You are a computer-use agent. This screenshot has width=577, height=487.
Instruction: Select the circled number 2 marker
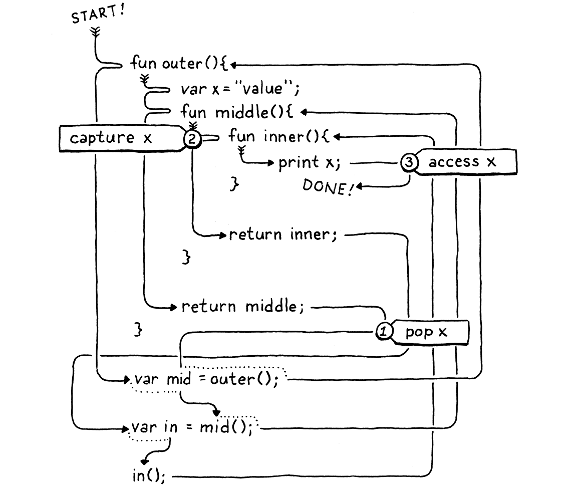pos(191,139)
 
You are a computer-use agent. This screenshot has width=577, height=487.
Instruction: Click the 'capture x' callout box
pos(118,138)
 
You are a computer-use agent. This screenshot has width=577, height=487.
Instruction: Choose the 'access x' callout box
pos(460,162)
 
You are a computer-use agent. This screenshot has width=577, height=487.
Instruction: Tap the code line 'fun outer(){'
pos(179,64)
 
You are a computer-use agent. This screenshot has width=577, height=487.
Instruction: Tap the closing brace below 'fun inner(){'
pos(234,184)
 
